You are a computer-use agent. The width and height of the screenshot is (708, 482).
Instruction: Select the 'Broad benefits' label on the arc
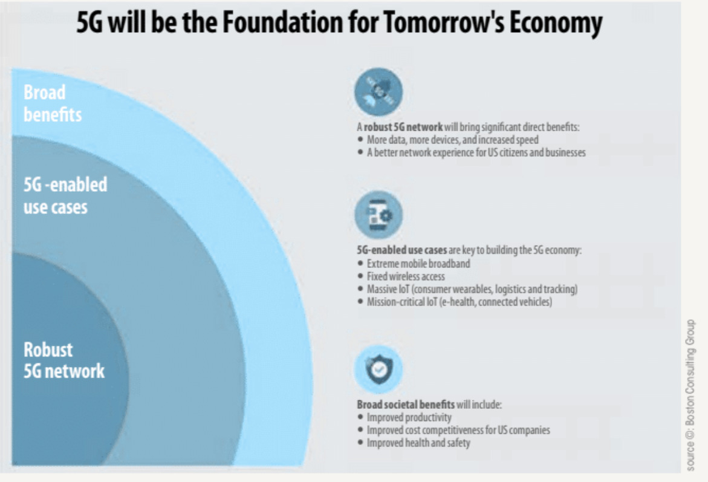click(x=53, y=103)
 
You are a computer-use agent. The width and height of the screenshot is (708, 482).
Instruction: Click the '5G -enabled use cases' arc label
click(x=65, y=195)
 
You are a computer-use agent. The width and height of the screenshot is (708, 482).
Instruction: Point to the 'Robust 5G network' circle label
click(x=64, y=360)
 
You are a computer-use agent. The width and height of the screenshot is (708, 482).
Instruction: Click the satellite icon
click(x=378, y=92)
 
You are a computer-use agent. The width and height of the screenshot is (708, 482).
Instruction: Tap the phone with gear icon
click(x=378, y=215)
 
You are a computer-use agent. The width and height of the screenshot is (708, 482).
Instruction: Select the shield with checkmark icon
click(x=378, y=370)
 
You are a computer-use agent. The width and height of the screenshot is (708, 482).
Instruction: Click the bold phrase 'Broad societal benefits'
click(x=406, y=405)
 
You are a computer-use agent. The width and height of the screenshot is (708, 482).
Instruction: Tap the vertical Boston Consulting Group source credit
click(x=690, y=396)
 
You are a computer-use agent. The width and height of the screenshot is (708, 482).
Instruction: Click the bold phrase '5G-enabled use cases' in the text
click(x=401, y=250)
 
